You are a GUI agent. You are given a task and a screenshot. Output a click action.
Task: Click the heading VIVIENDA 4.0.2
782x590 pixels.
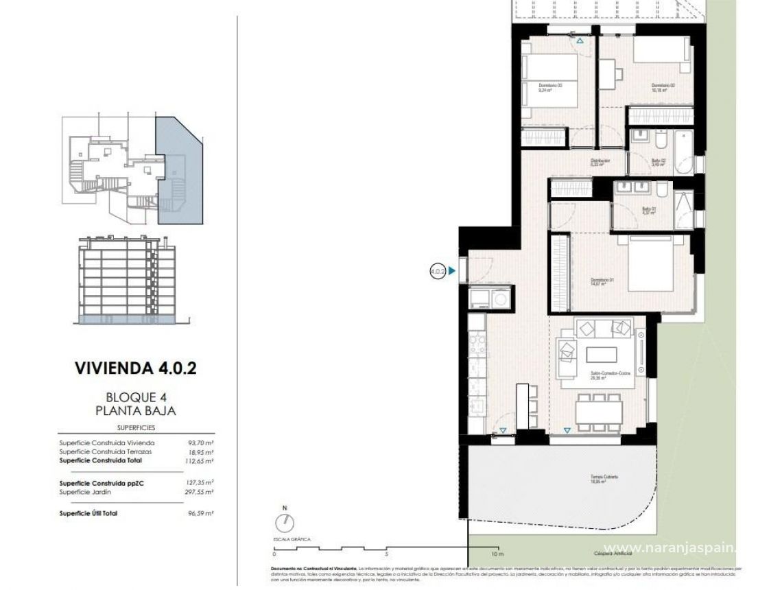coord(135,368)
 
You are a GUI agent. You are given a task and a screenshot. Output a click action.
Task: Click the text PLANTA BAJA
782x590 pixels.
coord(135,411)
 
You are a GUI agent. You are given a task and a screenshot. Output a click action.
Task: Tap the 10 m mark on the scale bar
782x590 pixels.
coord(497,553)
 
